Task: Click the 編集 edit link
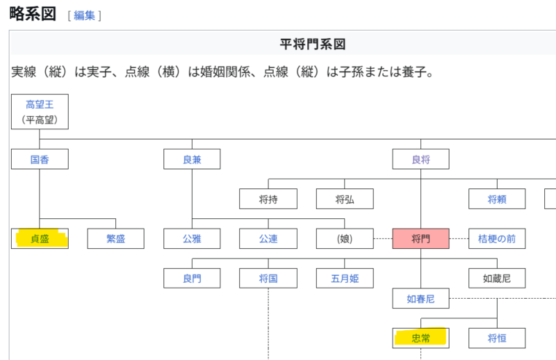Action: tap(84, 15)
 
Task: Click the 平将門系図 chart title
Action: tap(312, 44)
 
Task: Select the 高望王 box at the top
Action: tap(40, 111)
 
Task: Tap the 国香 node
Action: tap(40, 159)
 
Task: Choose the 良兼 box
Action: tap(192, 159)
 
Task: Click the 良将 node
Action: tap(420, 159)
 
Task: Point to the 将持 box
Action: tap(268, 199)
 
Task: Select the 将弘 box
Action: tap(345, 199)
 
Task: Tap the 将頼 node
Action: tap(497, 199)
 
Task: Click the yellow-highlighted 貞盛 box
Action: tap(40, 239)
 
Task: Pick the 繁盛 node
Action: tap(115, 239)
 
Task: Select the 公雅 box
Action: tap(192, 239)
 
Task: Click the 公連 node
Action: tap(268, 239)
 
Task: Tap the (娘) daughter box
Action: tap(345, 239)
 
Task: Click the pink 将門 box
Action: tap(420, 239)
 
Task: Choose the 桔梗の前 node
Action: tap(497, 239)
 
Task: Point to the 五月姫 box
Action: tap(345, 279)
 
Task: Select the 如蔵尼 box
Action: tap(497, 279)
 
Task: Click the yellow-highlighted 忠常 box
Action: tap(420, 338)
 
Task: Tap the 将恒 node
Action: tap(497, 338)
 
